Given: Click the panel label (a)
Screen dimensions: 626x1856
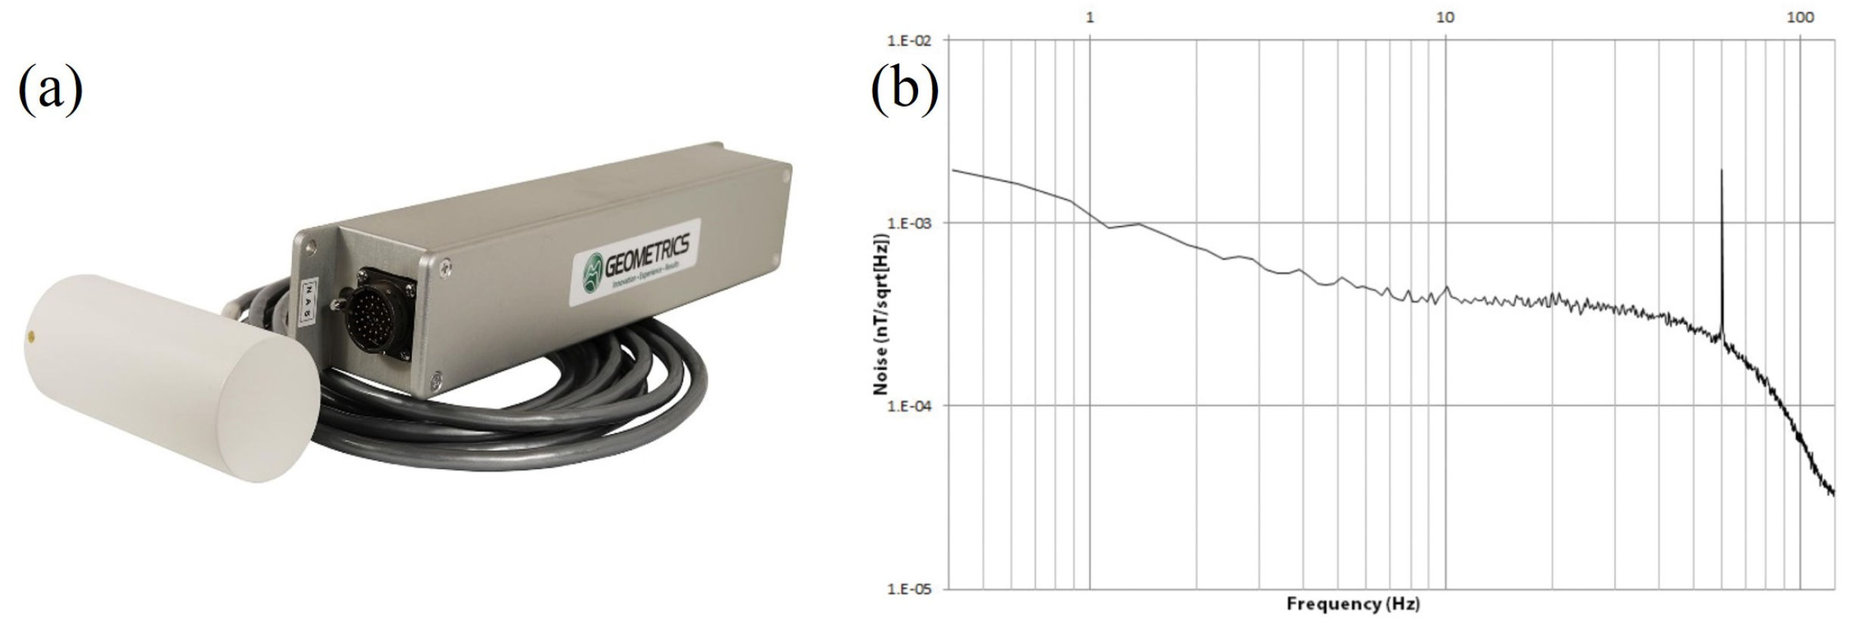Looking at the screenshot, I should pyautogui.click(x=50, y=89).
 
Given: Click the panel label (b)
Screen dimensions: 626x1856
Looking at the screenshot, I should pyautogui.click(x=904, y=89).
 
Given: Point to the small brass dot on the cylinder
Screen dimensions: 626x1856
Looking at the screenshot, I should pyautogui.click(x=31, y=334).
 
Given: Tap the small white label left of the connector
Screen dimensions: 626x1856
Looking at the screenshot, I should pyautogui.click(x=308, y=301).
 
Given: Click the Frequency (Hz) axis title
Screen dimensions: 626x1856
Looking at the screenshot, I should pyautogui.click(x=1353, y=604).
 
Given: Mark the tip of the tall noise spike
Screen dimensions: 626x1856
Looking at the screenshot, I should pyautogui.click(x=1722, y=170).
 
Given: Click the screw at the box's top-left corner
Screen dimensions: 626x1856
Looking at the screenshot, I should pyautogui.click(x=310, y=245).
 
